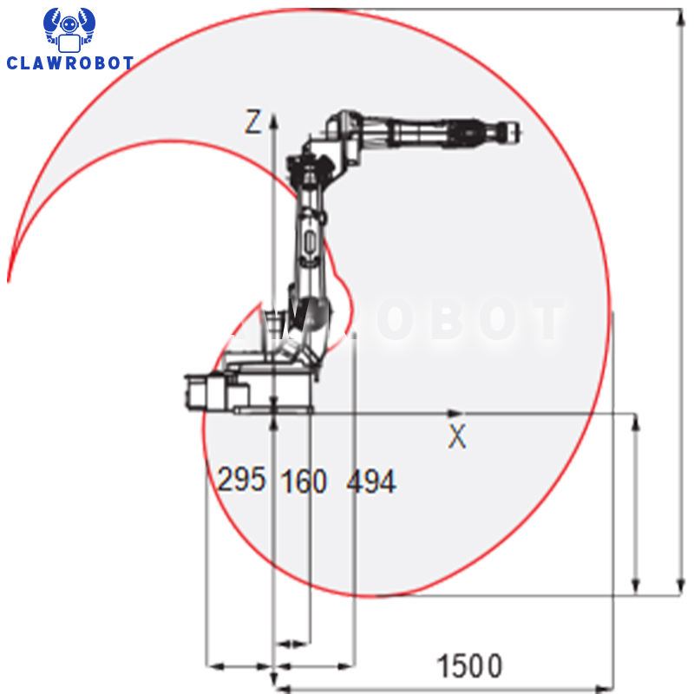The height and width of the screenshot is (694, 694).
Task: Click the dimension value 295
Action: pyautogui.click(x=242, y=479)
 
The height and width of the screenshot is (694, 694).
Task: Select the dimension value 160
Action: pyautogui.click(x=304, y=481)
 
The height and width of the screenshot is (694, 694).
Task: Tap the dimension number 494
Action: pyautogui.click(x=371, y=481)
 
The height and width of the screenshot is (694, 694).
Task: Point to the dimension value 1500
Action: pyautogui.click(x=469, y=665)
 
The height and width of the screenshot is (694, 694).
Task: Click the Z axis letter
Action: pyautogui.click(x=253, y=121)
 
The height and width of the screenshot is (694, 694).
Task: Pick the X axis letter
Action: pyautogui.click(x=457, y=436)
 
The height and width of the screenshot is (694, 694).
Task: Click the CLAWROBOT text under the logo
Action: pyautogui.click(x=70, y=62)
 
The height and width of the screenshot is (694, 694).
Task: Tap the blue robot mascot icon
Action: pyautogui.click(x=69, y=29)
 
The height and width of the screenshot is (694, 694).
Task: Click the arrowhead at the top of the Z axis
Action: pyautogui.click(x=274, y=121)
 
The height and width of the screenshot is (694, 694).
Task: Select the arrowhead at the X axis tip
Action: pyautogui.click(x=455, y=414)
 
